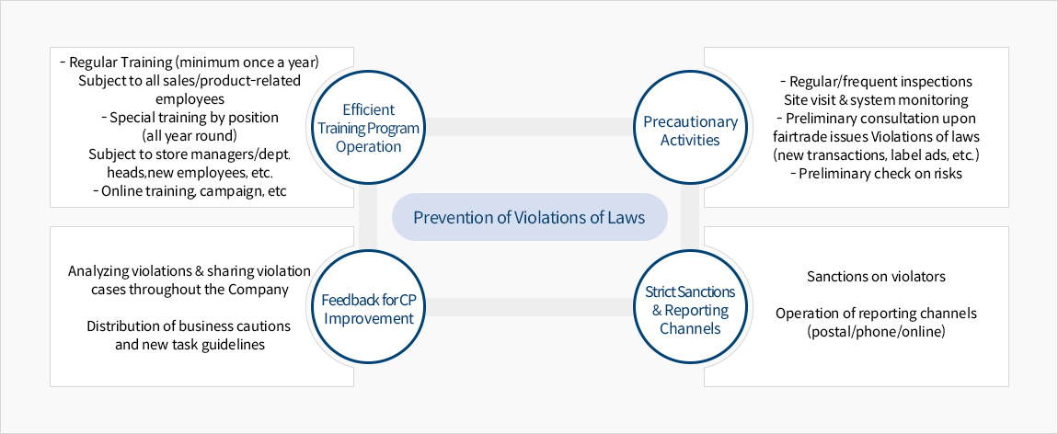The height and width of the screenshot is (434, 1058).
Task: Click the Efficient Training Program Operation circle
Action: point(368,128)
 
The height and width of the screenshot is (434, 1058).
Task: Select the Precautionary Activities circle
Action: point(690,128)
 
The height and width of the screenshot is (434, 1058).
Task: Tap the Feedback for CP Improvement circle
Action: point(368,308)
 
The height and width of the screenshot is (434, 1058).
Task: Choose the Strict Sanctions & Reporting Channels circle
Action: point(690,308)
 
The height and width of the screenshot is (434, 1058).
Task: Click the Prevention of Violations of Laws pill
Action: point(530,217)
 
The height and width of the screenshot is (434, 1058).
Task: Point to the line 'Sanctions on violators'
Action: point(876,276)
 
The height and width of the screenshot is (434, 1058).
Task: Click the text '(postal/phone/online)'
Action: point(876,332)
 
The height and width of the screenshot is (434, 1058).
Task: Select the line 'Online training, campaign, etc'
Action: point(190,190)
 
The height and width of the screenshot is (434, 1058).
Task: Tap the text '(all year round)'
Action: point(190,135)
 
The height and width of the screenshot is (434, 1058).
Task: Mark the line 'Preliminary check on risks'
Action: point(876,173)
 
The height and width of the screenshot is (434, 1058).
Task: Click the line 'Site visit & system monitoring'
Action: point(876,99)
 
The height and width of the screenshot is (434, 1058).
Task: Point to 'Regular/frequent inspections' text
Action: point(876,82)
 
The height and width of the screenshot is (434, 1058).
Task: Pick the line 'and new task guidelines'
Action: point(189,345)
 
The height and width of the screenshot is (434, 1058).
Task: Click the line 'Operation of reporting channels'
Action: point(876,314)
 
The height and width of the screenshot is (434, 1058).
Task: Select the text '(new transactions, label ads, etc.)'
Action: point(876,155)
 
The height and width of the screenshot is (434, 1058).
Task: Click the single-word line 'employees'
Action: point(190,99)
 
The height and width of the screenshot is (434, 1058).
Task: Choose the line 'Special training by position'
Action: point(190,118)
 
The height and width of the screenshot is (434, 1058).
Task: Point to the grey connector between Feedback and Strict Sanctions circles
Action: point(530,307)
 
